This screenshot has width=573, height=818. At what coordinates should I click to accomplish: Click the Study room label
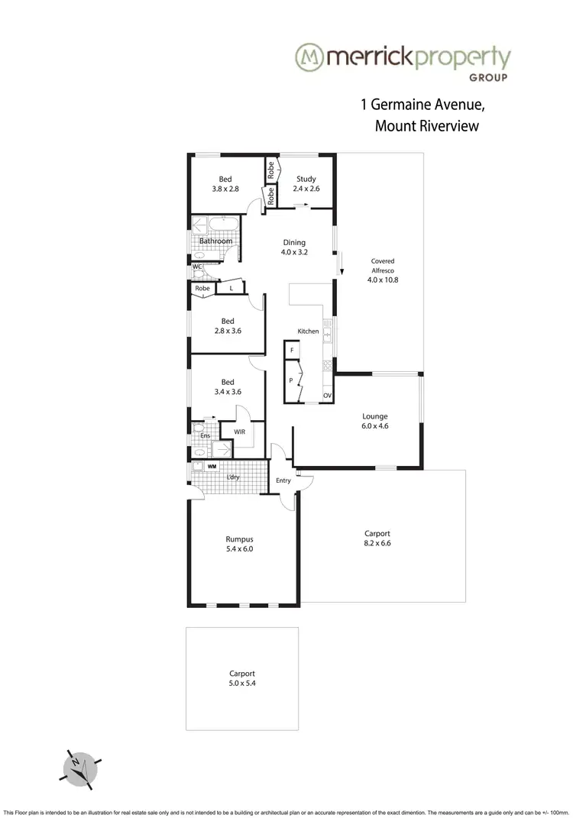pos(306,184)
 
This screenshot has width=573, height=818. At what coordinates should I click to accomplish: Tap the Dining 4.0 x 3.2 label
pos(295,247)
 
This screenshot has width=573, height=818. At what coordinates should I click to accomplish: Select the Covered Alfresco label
pos(383,270)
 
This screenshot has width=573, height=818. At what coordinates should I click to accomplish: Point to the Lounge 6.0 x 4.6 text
pos(375,422)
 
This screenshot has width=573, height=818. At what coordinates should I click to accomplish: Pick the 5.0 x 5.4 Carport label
pos(242,678)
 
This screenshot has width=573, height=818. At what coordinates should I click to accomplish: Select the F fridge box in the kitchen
pos(291,351)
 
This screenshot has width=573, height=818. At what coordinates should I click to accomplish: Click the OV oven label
pos(327,396)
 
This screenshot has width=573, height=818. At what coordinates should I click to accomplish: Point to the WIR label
pos(239,432)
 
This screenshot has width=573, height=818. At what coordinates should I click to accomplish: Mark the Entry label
pos(283,480)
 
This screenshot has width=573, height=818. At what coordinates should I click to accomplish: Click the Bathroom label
pos(215,241)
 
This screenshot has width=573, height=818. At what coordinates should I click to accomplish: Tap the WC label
pos(197,267)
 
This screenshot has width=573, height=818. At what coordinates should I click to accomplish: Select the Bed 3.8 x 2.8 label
pos(225,184)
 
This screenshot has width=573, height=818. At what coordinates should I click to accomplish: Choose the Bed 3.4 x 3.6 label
pos(227,387)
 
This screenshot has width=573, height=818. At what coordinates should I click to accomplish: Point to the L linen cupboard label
pos(231,289)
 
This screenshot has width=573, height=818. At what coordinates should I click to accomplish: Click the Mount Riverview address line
pos(426,126)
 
